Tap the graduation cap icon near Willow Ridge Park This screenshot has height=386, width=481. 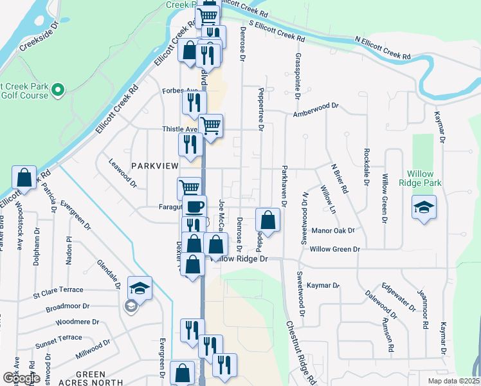click(x=423, y=207)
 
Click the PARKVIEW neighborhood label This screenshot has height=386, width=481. click(x=154, y=166)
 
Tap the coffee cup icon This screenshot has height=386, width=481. click(x=195, y=207)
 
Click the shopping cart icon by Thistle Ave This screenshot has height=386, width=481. click(x=210, y=125)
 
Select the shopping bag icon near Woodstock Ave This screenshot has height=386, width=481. click(x=24, y=178)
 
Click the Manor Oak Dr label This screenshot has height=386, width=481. click(x=332, y=230)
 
